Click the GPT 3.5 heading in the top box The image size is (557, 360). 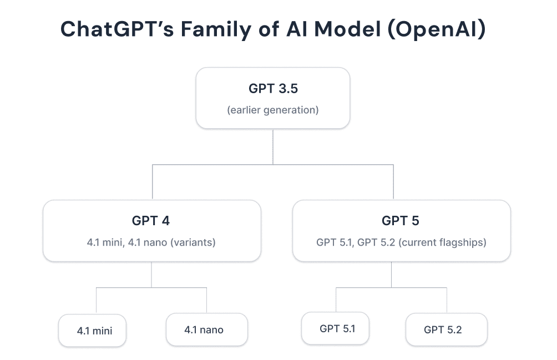(x=272, y=89)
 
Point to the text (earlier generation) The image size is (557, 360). (x=272, y=110)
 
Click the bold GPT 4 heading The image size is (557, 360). (x=151, y=221)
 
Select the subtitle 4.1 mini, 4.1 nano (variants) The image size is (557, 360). (x=151, y=242)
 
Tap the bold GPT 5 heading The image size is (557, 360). (x=401, y=221)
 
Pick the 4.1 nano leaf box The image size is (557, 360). (x=206, y=330)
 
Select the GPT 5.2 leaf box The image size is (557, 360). (x=446, y=329)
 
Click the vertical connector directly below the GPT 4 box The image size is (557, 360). (x=151, y=275)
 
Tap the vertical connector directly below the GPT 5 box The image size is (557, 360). (x=392, y=275)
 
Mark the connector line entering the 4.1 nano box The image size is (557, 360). (x=206, y=301)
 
